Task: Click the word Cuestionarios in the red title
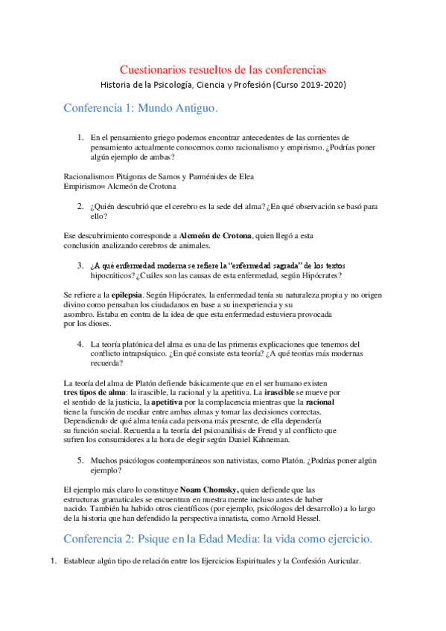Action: click(x=154, y=69)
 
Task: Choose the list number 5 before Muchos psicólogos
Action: click(x=80, y=461)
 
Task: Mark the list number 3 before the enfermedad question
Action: click(x=80, y=266)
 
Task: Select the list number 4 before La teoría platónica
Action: click(x=80, y=345)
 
